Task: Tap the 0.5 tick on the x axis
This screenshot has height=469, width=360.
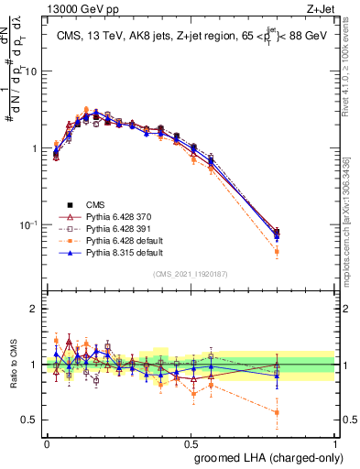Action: pos(191,442)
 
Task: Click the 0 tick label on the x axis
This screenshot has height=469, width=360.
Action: pos(47,442)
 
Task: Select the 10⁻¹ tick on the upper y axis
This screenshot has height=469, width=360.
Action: pos(29,224)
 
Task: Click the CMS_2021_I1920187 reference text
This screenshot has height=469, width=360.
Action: pos(191,274)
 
